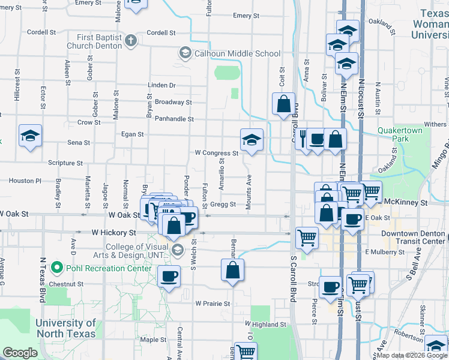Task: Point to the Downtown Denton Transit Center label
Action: click(x=412, y=237)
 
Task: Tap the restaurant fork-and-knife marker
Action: click(x=303, y=139)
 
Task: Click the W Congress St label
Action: click(x=217, y=152)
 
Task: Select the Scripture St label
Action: click(x=65, y=163)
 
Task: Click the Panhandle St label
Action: click(x=174, y=119)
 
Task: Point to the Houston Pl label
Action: click(x=25, y=181)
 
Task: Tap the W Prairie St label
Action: click(x=212, y=304)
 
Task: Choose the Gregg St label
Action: click(x=223, y=205)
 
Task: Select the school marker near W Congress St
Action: click(x=252, y=140)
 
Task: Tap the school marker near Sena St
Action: click(x=30, y=135)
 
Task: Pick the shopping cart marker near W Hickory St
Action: click(x=307, y=238)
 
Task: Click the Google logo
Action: click(x=20, y=352)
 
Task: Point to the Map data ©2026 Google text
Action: click(x=412, y=355)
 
